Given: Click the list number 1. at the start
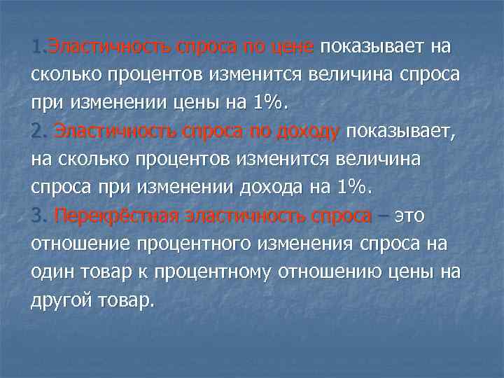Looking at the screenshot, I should [38, 47].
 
